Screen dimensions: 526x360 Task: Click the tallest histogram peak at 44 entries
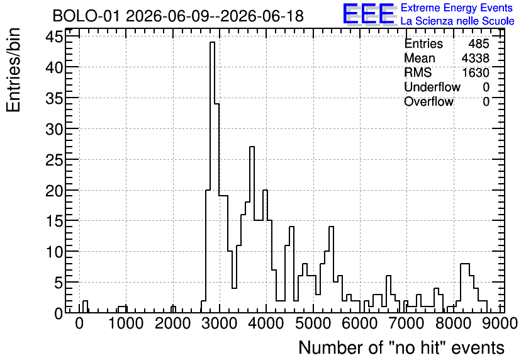[212, 42]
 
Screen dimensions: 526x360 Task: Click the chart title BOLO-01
[86, 16]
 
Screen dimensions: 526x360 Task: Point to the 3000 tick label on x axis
[220, 323]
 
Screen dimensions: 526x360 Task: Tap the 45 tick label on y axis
[54, 37]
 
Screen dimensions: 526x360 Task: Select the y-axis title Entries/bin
[13, 70]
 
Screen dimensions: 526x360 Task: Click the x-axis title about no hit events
[401, 347]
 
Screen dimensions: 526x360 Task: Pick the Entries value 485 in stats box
[479, 43]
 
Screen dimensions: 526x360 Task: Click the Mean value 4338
[475, 58]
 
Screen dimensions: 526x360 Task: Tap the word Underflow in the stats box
[432, 87]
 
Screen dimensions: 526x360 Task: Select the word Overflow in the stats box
[428, 101]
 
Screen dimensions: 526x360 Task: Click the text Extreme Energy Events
[457, 8]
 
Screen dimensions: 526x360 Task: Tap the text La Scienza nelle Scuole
[457, 21]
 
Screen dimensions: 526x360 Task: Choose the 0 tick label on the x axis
[79, 323]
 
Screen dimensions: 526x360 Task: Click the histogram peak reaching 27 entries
[252, 147]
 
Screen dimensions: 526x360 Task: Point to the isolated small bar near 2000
[173, 309]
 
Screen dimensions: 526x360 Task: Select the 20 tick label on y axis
[54, 191]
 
